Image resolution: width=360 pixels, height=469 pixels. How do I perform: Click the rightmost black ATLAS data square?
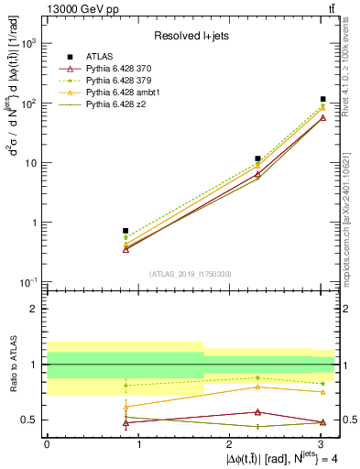pos(323,99)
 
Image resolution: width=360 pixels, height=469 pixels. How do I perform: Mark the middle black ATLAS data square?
pos(258,158)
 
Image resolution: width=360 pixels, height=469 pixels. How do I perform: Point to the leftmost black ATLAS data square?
pos(125,231)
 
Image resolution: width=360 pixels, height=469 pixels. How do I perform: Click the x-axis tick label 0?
pos(47,445)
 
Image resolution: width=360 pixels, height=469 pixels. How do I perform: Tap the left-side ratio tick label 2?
pos(34,309)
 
